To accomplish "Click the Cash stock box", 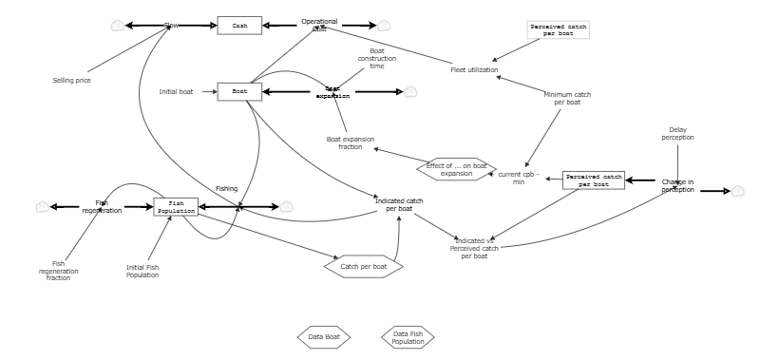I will (x=239, y=26).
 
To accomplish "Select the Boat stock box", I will (x=239, y=92).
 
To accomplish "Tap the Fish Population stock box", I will (x=176, y=207).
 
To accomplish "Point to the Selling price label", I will (x=71, y=81).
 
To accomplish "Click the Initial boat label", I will (x=176, y=92).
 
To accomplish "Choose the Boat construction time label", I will (x=377, y=58).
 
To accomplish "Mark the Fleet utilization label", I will (x=474, y=69).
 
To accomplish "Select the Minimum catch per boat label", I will (x=567, y=98).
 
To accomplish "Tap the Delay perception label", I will (x=677, y=134).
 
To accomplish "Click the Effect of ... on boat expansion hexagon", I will (x=456, y=169).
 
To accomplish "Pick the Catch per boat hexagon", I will (x=363, y=267).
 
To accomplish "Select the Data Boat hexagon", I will (x=324, y=337).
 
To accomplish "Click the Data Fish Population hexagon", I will (x=408, y=337).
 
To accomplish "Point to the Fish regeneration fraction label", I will (x=59, y=271).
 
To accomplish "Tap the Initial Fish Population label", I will (x=142, y=272).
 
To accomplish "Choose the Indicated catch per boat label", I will (x=399, y=204).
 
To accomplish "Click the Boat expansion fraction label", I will (x=351, y=142).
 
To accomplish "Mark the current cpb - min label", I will (x=519, y=178).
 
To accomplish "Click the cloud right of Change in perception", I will (x=737, y=191).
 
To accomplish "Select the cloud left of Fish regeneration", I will (x=42, y=207).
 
